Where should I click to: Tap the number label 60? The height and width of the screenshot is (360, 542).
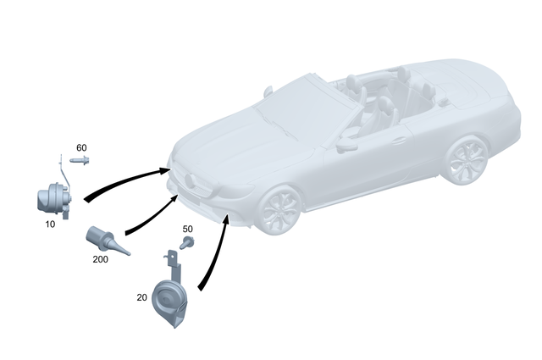tap(81, 147)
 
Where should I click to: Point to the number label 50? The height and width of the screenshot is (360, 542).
tap(187, 229)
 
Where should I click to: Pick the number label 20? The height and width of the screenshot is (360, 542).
tap(141, 297)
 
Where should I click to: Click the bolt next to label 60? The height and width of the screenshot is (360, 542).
tap(80, 159)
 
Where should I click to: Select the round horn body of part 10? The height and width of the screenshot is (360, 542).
tap(51, 202)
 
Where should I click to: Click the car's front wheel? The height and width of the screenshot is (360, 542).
tap(280, 212)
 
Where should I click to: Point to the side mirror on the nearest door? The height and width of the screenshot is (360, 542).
tap(345, 145)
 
